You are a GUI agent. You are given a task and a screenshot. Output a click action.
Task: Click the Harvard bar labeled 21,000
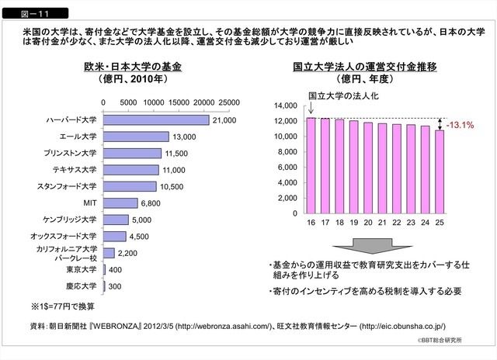(x=155, y=119)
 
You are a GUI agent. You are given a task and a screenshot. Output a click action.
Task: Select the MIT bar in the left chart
(x=120, y=203)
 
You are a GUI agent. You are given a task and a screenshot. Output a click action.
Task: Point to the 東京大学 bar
(x=105, y=270)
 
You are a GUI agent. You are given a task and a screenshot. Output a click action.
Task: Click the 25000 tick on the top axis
(x=228, y=102)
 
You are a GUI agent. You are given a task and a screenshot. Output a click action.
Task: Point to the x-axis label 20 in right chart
(x=367, y=223)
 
